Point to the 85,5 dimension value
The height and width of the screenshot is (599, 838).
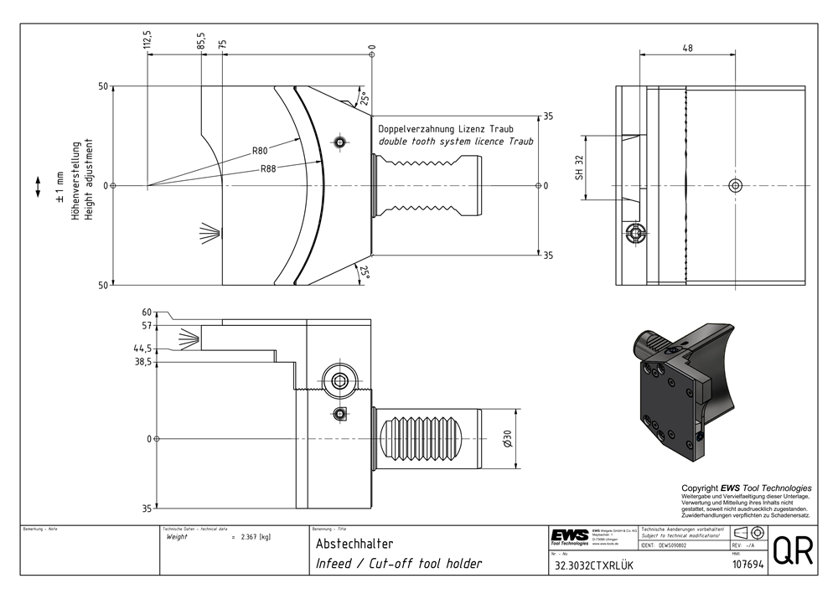coord(201,41)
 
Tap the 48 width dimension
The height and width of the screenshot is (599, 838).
coord(686,49)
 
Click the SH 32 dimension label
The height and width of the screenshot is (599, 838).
coord(578,168)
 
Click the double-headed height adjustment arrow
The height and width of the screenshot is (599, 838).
coord(38,186)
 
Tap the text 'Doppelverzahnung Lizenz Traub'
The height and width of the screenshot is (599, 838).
coord(445,129)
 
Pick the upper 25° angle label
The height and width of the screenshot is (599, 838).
coord(363,98)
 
